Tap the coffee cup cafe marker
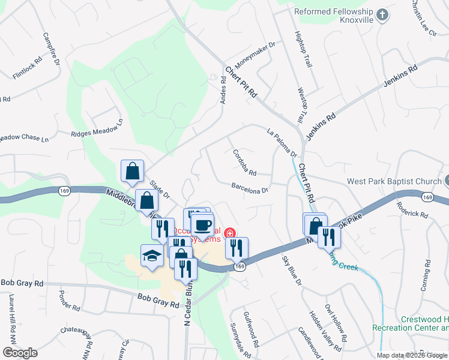point(202,226)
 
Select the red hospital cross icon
point(228,233)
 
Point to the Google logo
point(20,353)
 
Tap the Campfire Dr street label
point(50,48)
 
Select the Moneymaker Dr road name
point(255,53)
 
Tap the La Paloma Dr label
point(282,144)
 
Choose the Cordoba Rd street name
point(244,162)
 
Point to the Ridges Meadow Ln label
point(97,127)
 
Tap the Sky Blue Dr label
point(292,271)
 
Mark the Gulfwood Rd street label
point(251,329)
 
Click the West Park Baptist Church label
point(394,181)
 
